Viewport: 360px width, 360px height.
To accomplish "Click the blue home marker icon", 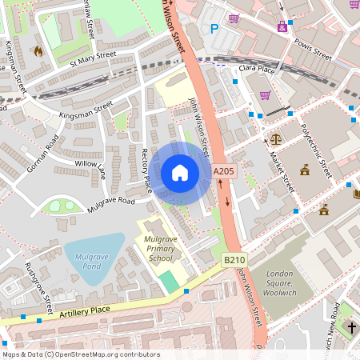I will coord(180,173).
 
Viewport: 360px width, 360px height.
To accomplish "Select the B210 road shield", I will coord(234,260).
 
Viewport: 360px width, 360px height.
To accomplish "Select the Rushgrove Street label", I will coord(38,286).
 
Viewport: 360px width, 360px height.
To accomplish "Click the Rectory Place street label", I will coord(146,170).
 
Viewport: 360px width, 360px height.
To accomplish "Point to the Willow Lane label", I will coord(90,167).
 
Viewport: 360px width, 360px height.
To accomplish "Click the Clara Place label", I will coord(257,69).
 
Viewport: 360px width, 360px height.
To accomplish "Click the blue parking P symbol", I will coord(214,29).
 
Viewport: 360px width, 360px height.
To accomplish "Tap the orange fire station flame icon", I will coord(38,50).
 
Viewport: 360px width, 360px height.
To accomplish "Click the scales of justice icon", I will coord(276,138).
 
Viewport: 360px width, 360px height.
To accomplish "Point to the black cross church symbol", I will coord(351,328).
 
